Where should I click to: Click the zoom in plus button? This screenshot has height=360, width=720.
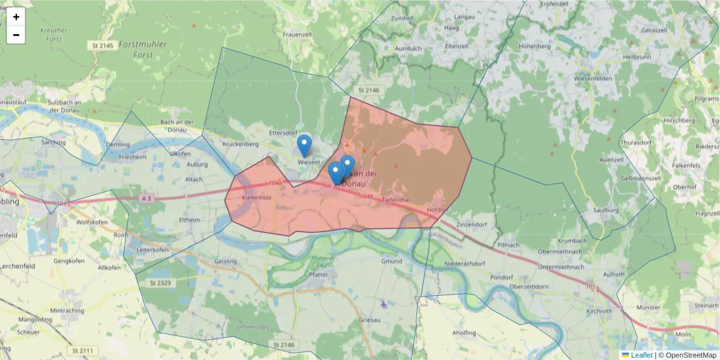coord(16,17)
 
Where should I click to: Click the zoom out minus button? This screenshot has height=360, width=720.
coord(16,35)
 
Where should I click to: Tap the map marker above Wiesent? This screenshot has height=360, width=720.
coord(305,145)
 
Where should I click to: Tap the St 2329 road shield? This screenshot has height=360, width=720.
coord(161,282)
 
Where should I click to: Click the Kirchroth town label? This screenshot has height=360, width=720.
coord(599,311)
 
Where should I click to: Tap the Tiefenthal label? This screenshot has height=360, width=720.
coord(395,199)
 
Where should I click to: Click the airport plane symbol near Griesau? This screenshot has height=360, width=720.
coord(384,303)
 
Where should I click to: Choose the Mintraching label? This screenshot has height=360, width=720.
coord(67,311)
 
